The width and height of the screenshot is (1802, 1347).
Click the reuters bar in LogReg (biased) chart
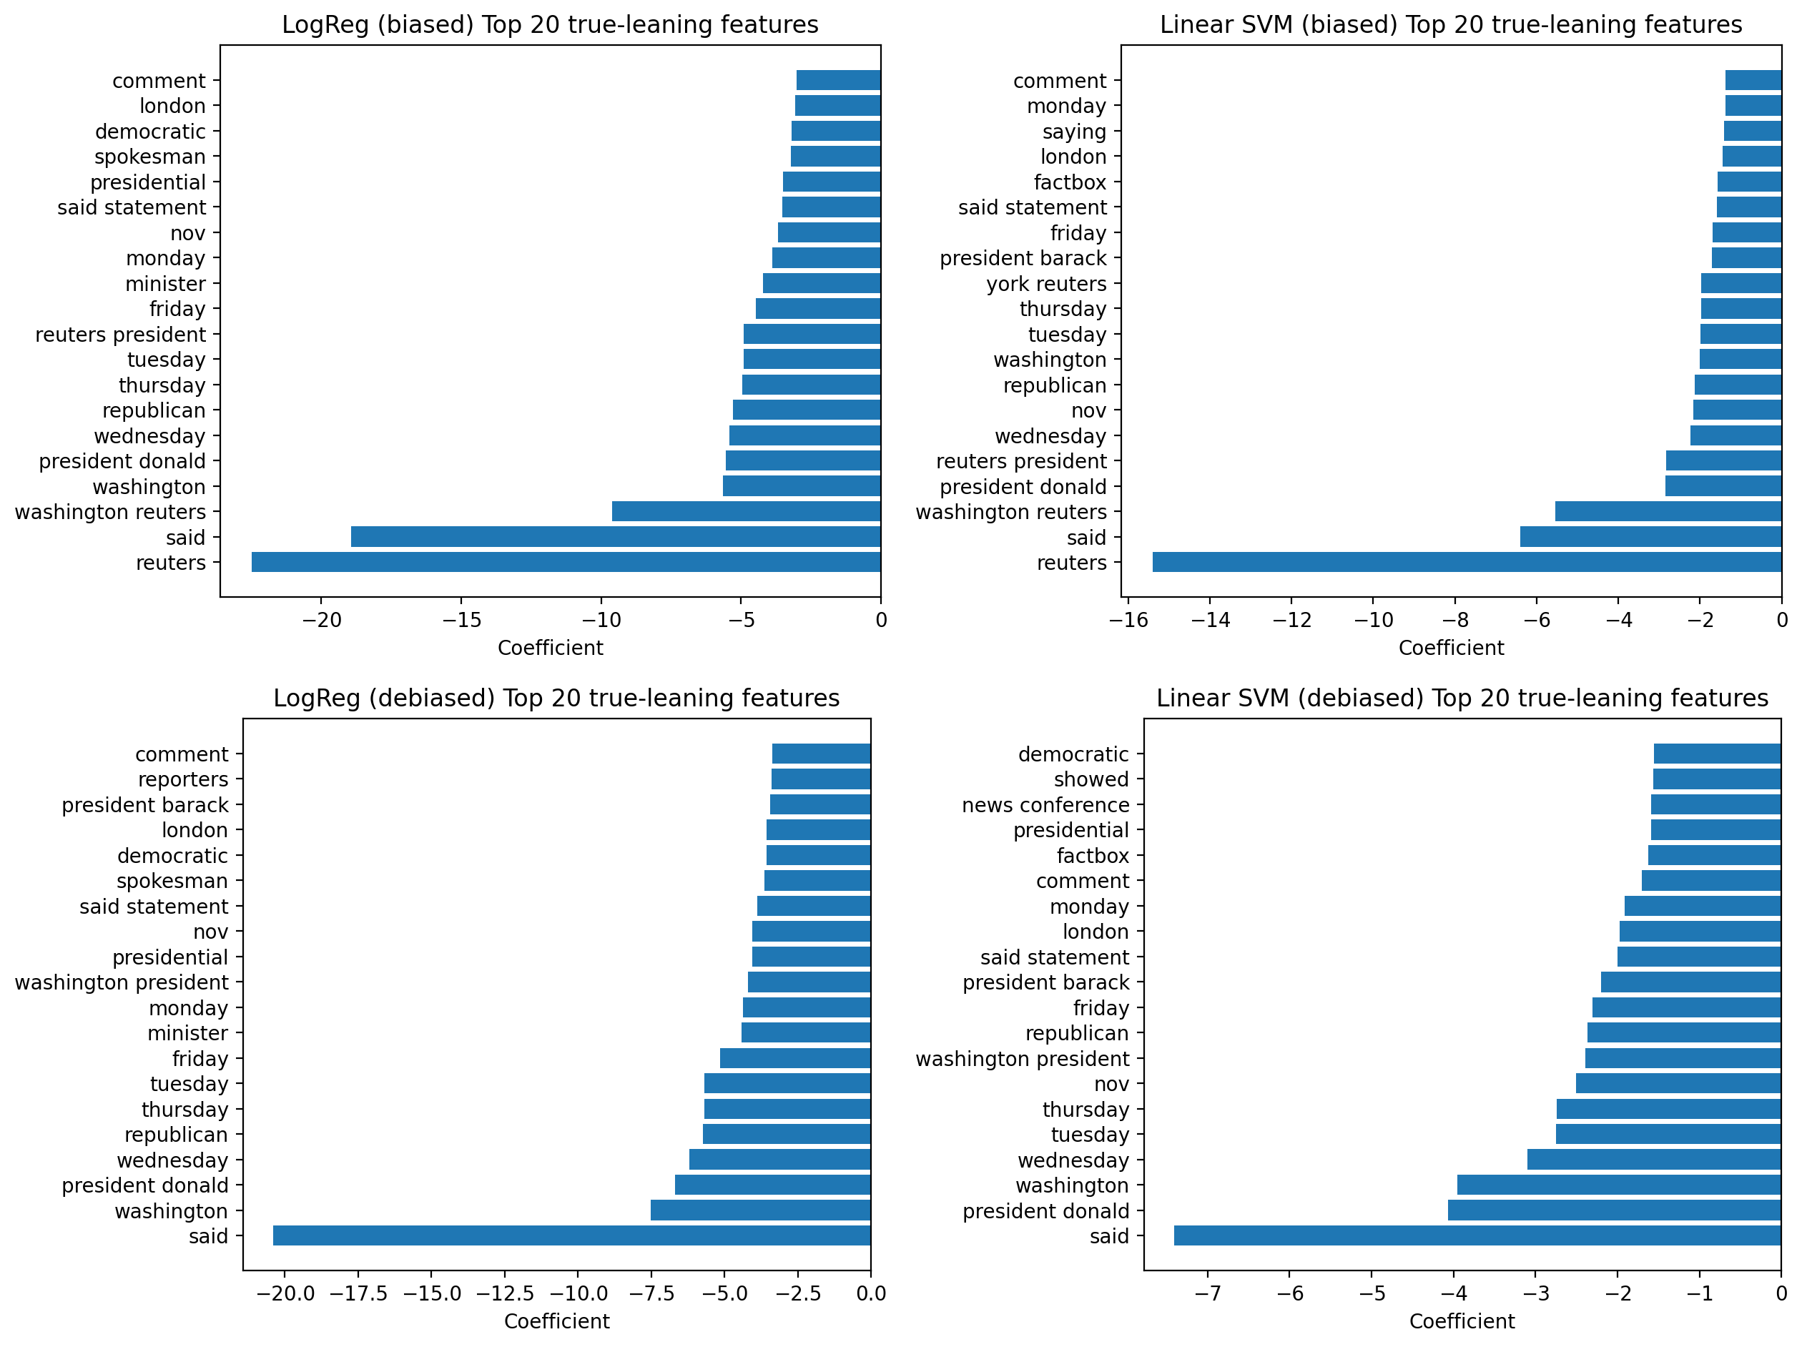click(566, 562)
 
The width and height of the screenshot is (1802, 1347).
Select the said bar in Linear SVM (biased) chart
click(1650, 537)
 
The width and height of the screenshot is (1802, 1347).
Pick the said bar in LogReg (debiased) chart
click(571, 1235)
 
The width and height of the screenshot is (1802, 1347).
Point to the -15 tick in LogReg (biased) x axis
click(461, 620)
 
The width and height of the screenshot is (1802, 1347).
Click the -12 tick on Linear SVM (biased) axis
click(1291, 620)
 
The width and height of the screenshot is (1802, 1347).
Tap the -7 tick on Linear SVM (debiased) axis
click(1207, 1293)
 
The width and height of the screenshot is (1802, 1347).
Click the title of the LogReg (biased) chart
click(550, 24)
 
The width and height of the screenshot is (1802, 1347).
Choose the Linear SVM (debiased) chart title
click(1462, 698)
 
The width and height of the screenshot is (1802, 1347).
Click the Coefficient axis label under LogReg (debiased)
click(556, 1321)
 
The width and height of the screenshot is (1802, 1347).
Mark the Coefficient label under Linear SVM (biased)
click(1451, 648)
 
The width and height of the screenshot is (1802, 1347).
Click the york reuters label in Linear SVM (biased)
click(1046, 283)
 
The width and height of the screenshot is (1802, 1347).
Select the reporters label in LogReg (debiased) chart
click(182, 779)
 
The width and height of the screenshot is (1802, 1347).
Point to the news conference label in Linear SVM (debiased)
click(1045, 804)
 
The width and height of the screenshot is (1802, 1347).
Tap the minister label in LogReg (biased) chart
click(165, 283)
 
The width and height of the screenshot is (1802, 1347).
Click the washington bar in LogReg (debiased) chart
click(760, 1210)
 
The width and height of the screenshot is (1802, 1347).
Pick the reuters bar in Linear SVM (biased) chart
click(1467, 562)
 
